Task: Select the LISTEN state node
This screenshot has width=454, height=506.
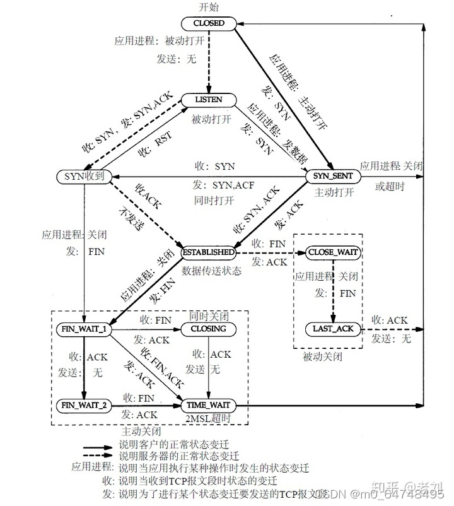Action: [209, 100]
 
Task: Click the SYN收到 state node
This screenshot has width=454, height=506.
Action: [84, 177]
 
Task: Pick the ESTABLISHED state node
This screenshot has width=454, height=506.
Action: [209, 252]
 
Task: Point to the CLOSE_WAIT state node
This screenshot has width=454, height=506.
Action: [333, 252]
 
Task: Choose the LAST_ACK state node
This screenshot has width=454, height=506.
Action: [334, 329]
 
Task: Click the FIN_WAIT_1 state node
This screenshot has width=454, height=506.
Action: [84, 329]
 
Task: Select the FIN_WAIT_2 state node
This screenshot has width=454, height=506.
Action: [84, 404]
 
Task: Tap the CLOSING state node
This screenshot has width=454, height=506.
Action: [208, 329]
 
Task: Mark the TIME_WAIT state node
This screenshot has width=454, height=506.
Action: [208, 404]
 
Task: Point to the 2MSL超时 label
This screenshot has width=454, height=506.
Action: [208, 418]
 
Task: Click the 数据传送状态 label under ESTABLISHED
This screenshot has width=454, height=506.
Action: [208, 271]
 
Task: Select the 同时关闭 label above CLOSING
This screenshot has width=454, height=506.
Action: [208, 314]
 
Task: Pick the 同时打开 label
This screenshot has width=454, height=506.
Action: [214, 200]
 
